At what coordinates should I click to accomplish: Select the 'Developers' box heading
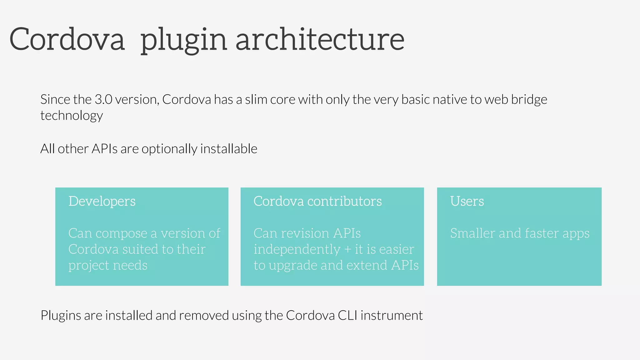[x=102, y=201]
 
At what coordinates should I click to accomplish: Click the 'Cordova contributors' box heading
[x=317, y=201]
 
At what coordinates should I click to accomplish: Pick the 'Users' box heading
[x=467, y=201]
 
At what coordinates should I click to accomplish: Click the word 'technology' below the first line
[x=72, y=116]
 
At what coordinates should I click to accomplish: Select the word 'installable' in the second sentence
[x=229, y=149]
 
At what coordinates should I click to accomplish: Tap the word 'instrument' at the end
[x=392, y=315]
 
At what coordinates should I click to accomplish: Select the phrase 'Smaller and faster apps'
[x=519, y=233]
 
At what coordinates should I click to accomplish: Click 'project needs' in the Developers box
[x=108, y=266]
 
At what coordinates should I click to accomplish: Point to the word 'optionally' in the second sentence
[x=169, y=149]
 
